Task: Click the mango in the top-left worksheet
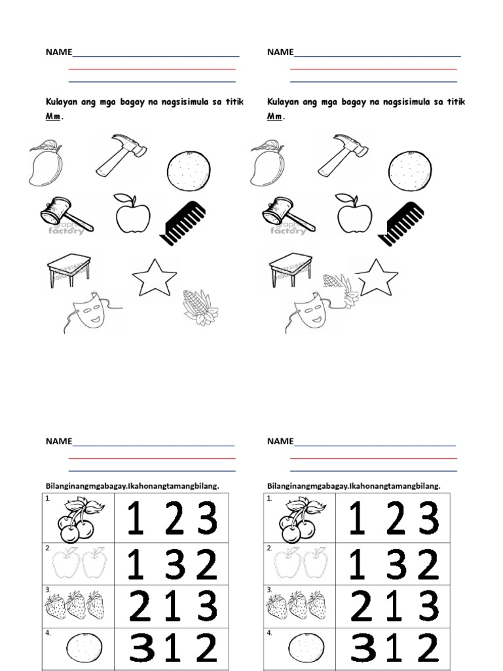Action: pos(45,163)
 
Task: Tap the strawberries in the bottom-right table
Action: pos(298,604)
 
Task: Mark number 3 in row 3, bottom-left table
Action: pos(207,605)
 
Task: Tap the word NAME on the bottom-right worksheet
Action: pos(280,441)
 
